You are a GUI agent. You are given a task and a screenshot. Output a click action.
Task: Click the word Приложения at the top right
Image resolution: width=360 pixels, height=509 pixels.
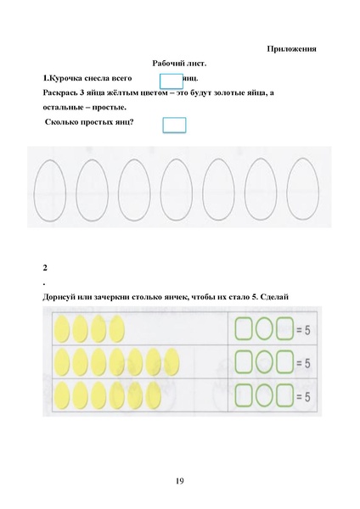pos(291,48)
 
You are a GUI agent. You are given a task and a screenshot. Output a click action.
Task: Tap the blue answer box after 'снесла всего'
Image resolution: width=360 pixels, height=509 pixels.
pos(172,81)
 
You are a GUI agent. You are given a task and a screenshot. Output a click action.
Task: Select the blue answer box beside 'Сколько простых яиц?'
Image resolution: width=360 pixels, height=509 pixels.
pos(174,125)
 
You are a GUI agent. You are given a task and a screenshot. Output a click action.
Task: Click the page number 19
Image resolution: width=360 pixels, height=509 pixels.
pos(179,482)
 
